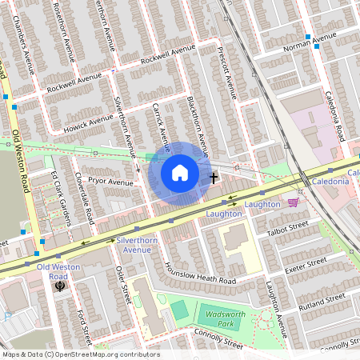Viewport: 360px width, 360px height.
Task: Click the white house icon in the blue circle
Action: pos(180,173)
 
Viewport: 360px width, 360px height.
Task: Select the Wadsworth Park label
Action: pos(220,319)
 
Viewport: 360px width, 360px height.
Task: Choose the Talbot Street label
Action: pos(287,230)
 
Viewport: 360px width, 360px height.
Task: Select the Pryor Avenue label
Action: pos(110,182)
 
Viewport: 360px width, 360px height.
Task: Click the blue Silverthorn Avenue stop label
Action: pos(134,244)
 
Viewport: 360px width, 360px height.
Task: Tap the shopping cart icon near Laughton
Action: pos(294,202)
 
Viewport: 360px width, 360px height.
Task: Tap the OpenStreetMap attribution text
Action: pos(80,354)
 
